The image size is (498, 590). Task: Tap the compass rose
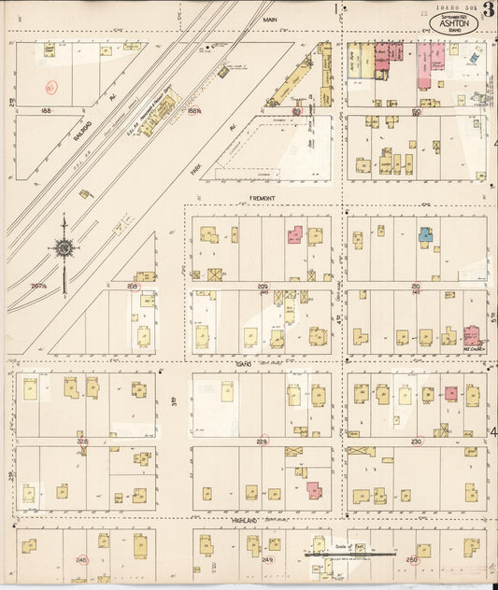64,247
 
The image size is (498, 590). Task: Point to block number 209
263,286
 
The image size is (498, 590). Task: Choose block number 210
417,286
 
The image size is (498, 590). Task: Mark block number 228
81,441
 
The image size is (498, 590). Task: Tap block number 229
263,441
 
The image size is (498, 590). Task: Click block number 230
417,441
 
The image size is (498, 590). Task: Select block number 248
81,560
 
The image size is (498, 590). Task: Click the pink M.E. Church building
472,335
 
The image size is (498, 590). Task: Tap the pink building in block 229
313,490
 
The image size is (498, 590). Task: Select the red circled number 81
50,87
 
